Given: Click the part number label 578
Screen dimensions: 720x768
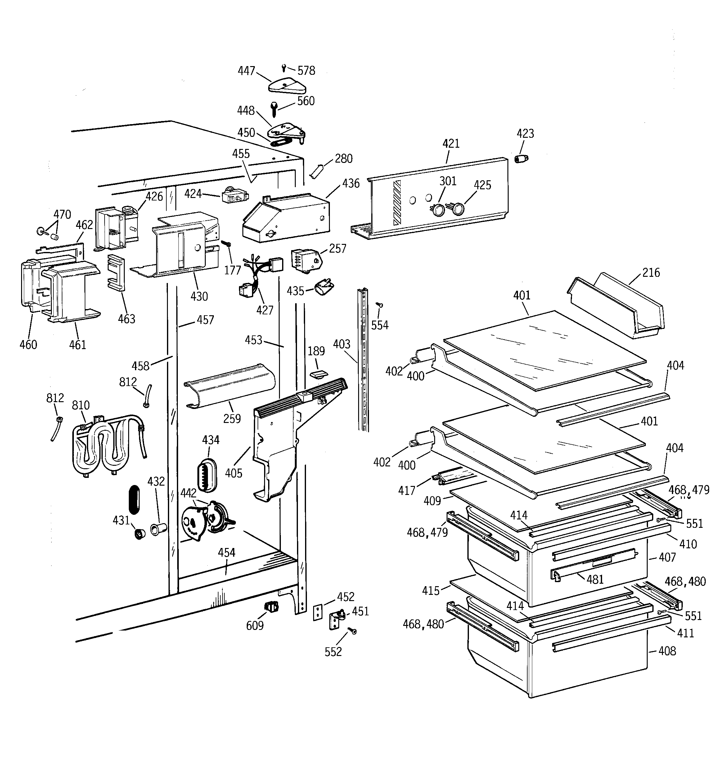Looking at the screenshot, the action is coord(306,71).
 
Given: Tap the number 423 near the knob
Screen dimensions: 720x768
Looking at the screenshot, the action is coord(525,134).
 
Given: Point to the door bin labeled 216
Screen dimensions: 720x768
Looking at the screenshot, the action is coord(618,305).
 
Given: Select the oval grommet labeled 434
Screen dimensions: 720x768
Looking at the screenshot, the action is coord(207,475).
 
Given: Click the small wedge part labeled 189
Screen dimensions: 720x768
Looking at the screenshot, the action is coord(318,374).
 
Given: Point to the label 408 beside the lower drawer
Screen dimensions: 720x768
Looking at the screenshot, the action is coord(667,651).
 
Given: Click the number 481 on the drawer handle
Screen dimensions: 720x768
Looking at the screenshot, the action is coord(595,579).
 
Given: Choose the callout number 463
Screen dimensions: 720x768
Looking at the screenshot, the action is coord(126,319).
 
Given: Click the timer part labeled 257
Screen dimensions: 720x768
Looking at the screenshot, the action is coord(305,261).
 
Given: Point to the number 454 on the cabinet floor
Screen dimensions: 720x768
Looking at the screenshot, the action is coord(227,553).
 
